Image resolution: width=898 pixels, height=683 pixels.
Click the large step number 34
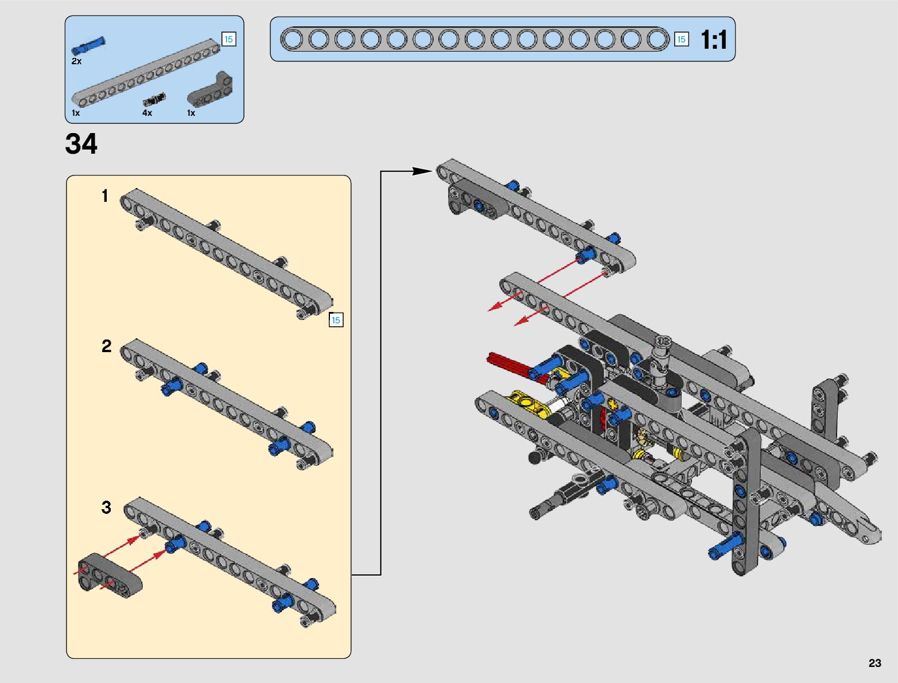(x=81, y=144)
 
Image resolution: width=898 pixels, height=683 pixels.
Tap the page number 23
(x=874, y=663)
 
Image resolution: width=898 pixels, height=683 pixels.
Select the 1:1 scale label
(x=714, y=40)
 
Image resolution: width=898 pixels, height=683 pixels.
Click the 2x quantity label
(x=76, y=61)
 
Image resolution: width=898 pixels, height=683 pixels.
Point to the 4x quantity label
(x=147, y=113)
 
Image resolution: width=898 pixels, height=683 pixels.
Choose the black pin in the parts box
(x=154, y=99)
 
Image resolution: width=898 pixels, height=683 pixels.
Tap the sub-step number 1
(x=104, y=196)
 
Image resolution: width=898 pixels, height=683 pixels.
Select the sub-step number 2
(x=106, y=346)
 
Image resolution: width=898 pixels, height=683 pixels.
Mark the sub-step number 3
(x=106, y=508)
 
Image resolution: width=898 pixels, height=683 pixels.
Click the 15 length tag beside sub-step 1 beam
(x=336, y=320)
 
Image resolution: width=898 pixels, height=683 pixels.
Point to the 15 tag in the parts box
(x=228, y=39)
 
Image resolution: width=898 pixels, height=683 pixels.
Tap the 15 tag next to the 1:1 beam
(x=681, y=39)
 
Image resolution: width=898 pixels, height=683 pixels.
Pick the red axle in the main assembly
(x=508, y=364)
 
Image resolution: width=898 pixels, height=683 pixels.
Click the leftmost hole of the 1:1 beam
(x=293, y=39)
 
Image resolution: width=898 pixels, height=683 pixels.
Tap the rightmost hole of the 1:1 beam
(x=657, y=39)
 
